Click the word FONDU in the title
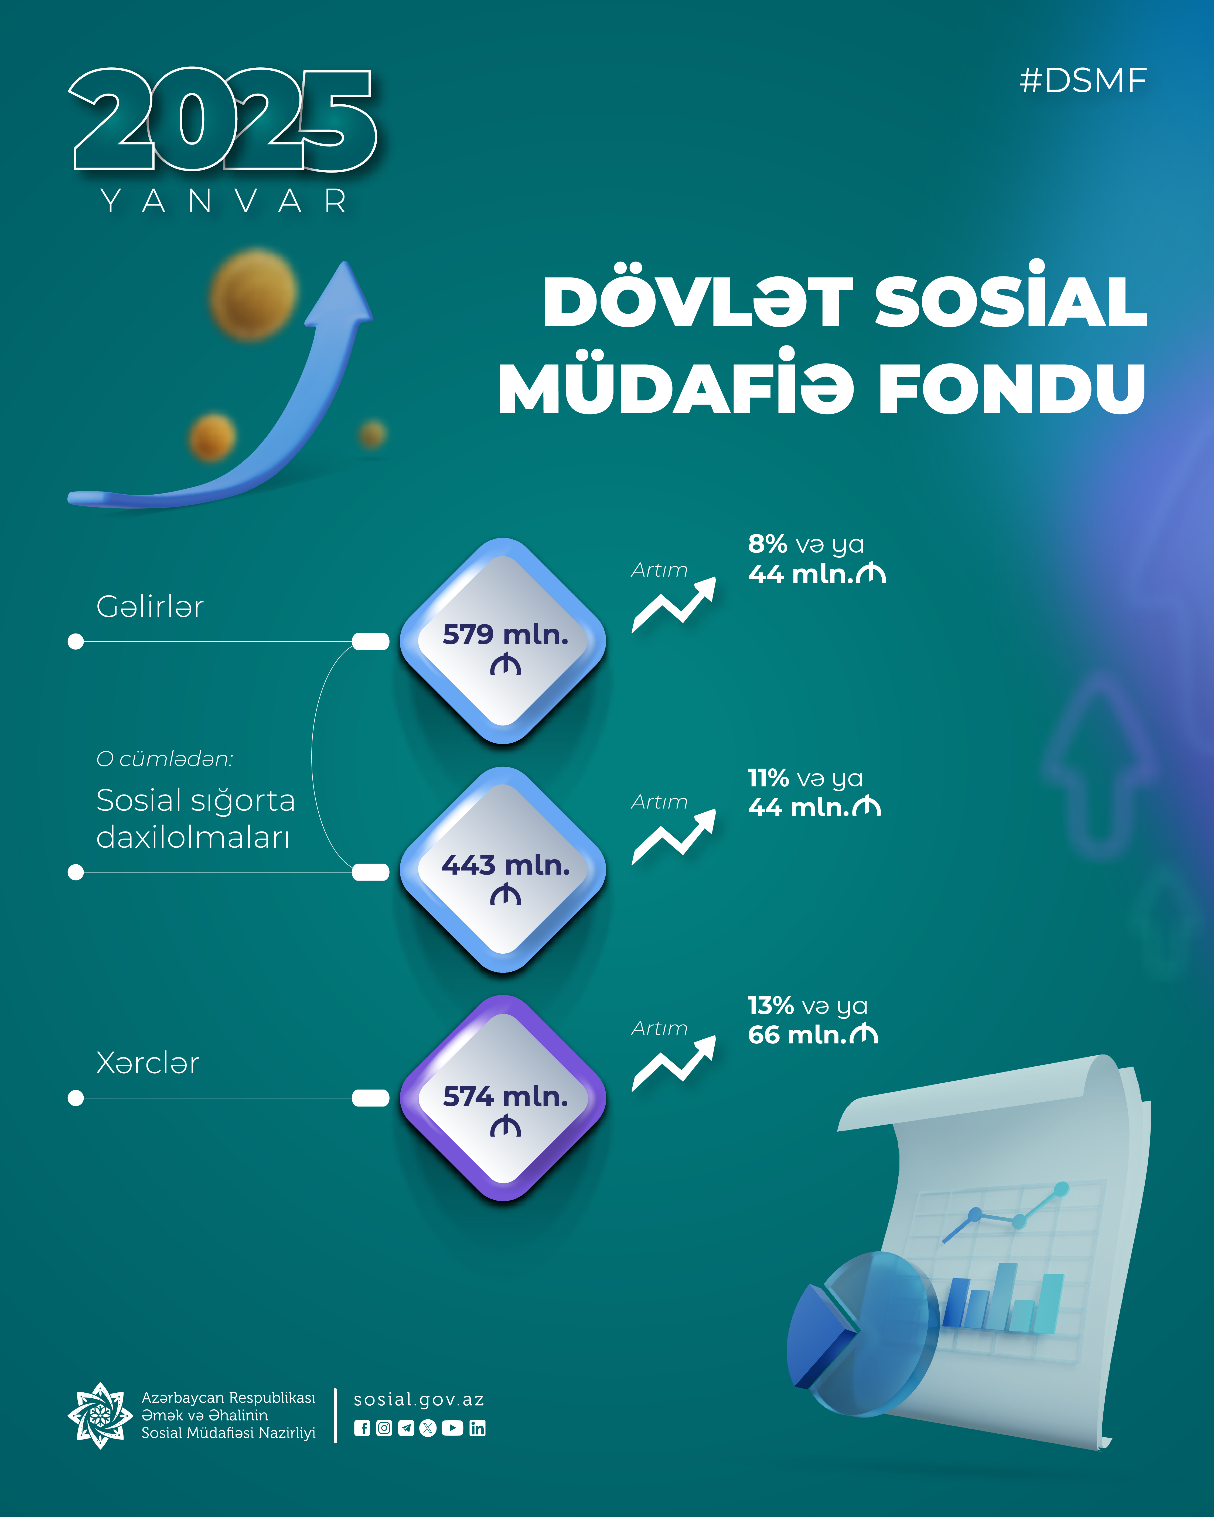point(1012,388)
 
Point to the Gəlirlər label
point(150,607)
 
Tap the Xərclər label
point(148,1063)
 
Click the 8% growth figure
point(767,544)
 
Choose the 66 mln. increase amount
point(813,1035)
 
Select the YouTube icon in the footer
point(452,1428)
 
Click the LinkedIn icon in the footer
point(477,1428)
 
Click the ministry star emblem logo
point(100,1415)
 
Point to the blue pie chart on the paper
point(862,1333)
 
